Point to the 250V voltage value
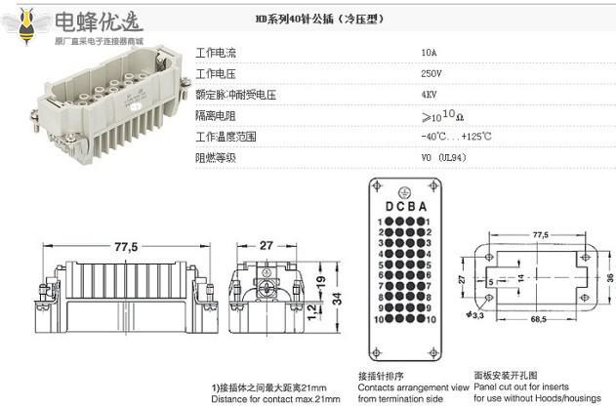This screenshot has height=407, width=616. click(x=431, y=73)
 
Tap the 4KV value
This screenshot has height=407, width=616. click(x=429, y=95)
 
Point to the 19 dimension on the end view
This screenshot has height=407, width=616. click(x=319, y=283)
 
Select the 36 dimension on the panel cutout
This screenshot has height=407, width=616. click(x=609, y=277)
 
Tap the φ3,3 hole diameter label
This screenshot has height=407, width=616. click(x=475, y=313)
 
